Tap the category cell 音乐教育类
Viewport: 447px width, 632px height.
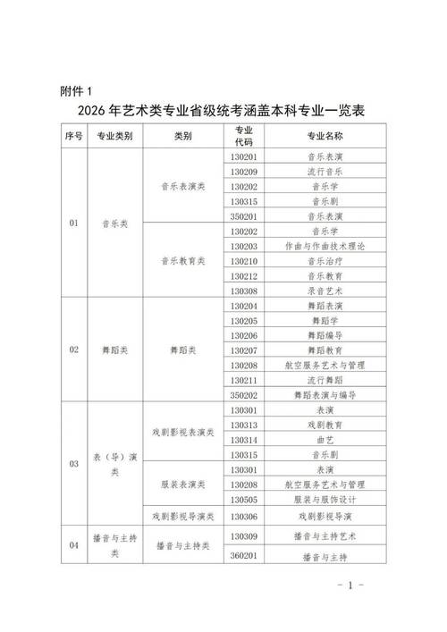182,261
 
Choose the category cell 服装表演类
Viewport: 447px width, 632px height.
182,485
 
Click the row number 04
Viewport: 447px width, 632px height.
72,544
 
